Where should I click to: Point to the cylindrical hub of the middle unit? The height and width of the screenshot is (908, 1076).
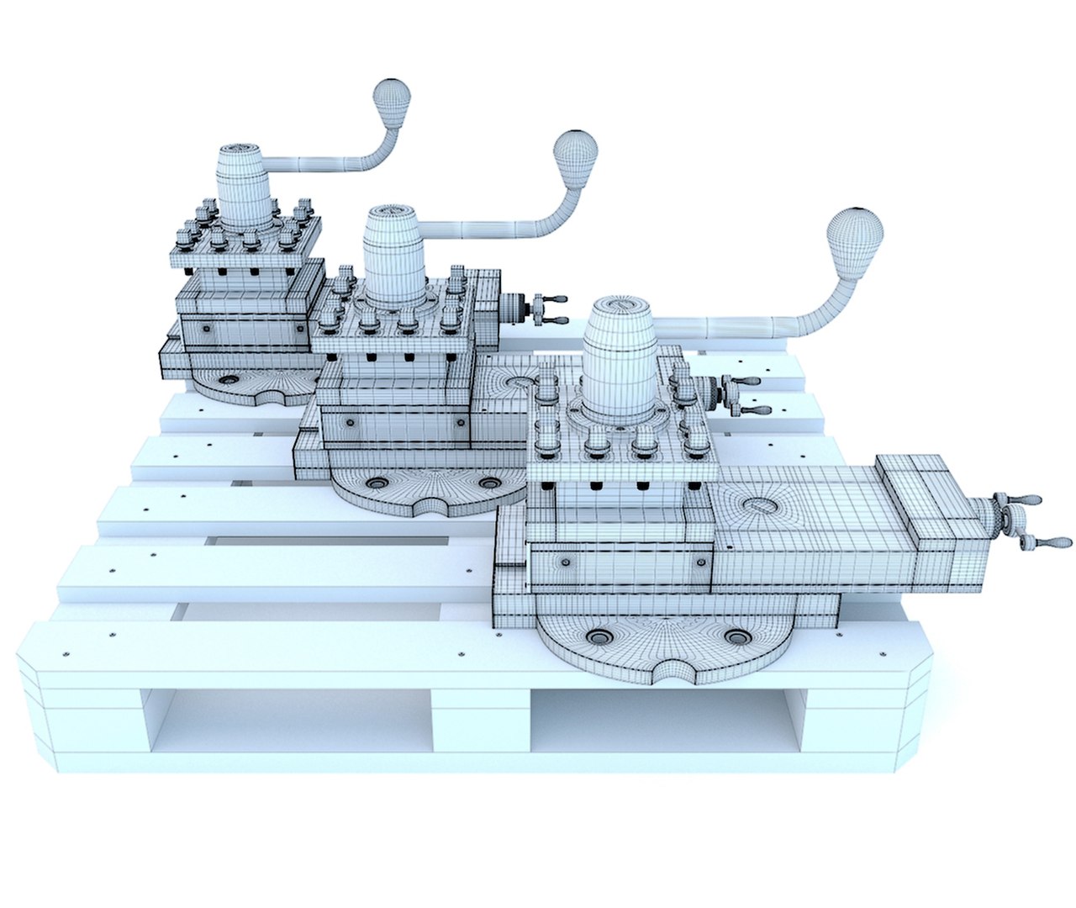coord(396,256)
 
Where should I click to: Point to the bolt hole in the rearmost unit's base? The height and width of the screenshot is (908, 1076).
coord(228,380)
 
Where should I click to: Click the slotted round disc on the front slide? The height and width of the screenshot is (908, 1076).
coord(762,504)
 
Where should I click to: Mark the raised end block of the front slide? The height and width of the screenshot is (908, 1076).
coord(925,496)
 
